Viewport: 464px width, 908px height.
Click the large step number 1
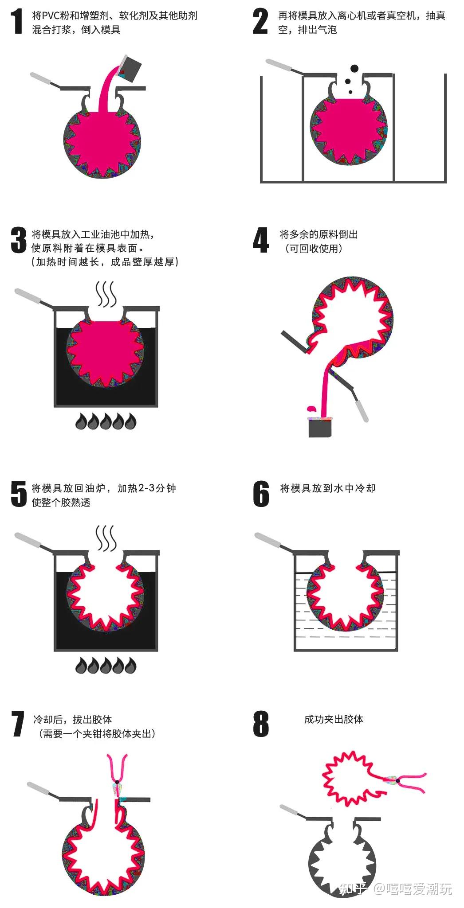17,22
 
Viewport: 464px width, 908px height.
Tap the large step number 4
260,240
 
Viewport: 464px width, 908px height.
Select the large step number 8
261,724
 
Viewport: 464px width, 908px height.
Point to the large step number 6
261,494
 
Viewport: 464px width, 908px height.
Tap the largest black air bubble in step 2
354,69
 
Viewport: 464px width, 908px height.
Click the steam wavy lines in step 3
106,293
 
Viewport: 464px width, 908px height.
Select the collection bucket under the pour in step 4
320,428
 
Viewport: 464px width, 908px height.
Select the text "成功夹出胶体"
333,719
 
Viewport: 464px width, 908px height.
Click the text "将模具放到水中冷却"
327,488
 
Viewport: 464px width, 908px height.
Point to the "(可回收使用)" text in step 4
313,249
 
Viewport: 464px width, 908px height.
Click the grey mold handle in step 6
270,541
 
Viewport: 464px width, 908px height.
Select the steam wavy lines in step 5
106,538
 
